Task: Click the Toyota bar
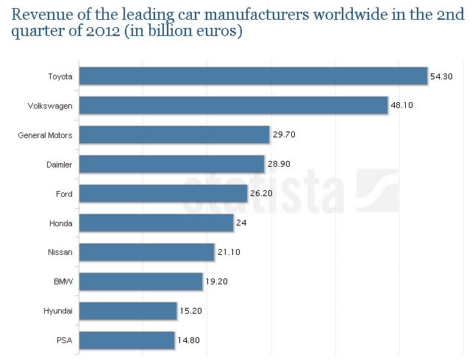pyautogui.click(x=252, y=76)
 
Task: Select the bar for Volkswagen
pyautogui.click(x=232, y=106)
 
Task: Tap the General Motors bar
pyautogui.click(x=174, y=135)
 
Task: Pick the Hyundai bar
pyautogui.click(x=127, y=312)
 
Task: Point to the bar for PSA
pyautogui.click(x=126, y=341)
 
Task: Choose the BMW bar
pyautogui.click(x=140, y=282)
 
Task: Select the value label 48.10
pyautogui.click(x=402, y=106)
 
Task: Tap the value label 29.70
pyautogui.click(x=284, y=135)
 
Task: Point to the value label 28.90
pyautogui.click(x=279, y=165)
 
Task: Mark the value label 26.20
pyautogui.click(x=262, y=194)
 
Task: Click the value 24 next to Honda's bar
pyautogui.click(x=241, y=223)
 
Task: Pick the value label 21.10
pyautogui.click(x=229, y=253)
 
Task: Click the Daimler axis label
pyautogui.click(x=59, y=165)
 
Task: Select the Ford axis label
pyautogui.click(x=64, y=194)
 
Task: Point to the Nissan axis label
pyautogui.click(x=60, y=253)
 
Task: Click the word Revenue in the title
pyautogui.click(x=37, y=15)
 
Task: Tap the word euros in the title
pyautogui.click(x=215, y=34)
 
